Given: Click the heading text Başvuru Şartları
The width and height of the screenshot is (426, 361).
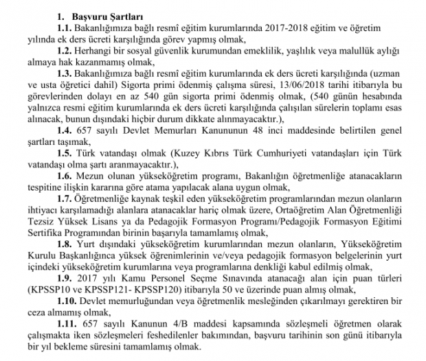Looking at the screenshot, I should coord(115,12).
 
